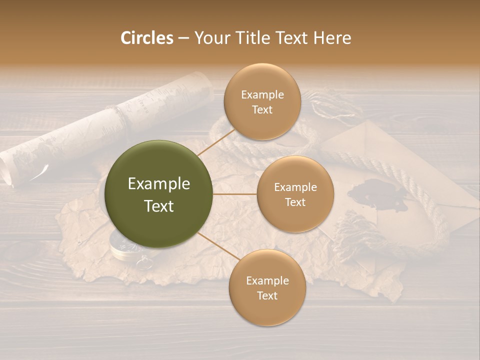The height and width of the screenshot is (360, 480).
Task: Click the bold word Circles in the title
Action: click(146, 38)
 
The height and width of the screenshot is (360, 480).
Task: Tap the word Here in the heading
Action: click(332, 38)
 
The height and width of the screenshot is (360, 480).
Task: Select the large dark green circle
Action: click(158, 194)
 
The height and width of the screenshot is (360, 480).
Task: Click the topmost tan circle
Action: click(262, 101)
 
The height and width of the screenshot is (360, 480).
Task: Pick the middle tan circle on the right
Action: click(295, 194)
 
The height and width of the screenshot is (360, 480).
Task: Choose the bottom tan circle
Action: click(267, 287)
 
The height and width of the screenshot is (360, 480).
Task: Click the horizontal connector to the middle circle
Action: click(234, 194)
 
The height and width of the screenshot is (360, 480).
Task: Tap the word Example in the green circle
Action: click(158, 183)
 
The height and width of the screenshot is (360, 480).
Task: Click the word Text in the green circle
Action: click(158, 205)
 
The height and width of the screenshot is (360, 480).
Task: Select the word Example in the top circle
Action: click(262, 94)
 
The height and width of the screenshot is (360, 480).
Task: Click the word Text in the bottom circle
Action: click(267, 295)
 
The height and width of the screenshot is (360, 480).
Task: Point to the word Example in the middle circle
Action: click(295, 187)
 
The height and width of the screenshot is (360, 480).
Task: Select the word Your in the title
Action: click(210, 38)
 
